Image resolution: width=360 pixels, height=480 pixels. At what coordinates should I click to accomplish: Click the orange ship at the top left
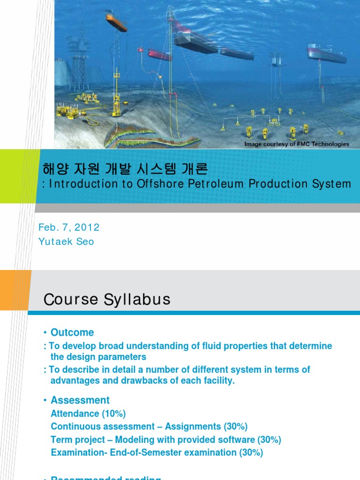tap(116, 22)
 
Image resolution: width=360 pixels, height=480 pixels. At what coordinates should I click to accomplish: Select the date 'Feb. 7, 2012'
tap(69, 227)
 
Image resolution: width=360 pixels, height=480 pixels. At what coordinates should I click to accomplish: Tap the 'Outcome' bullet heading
tap(72, 332)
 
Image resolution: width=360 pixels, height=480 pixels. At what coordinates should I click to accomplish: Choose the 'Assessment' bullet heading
tap(80, 400)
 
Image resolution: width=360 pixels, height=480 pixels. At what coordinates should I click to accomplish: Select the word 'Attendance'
tap(75, 413)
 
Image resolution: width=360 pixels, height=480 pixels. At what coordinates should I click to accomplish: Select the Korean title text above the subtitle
tap(125, 168)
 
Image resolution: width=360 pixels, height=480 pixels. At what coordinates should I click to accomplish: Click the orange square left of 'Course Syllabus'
tap(15, 290)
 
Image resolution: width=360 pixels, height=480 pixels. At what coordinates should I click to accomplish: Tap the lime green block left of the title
tap(17, 176)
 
